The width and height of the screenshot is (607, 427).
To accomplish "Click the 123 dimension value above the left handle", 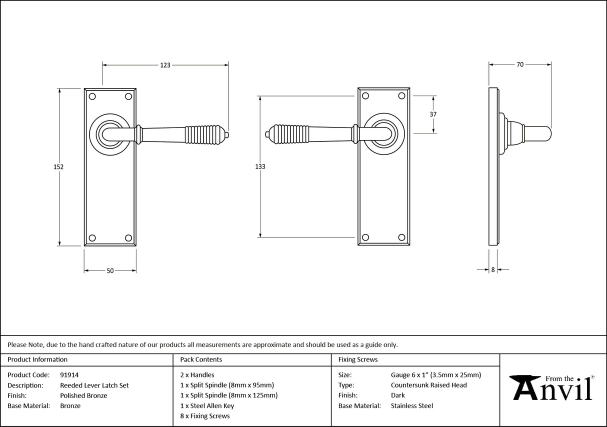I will pos(165,65).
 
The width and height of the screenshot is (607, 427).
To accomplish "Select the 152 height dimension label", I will pos(58,167).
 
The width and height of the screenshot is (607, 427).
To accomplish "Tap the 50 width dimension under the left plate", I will pos(110,271).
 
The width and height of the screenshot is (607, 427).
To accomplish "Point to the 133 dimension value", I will pos(260,166).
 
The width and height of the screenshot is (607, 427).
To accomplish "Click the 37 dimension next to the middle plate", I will pos(433,114).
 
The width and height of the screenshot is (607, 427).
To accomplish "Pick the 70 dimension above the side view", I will pos(520,64).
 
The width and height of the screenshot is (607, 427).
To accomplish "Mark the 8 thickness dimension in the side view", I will pos(493,269).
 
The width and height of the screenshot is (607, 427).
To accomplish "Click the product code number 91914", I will pos(69,374).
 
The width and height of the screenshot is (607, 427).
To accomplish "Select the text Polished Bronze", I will pos(83,395).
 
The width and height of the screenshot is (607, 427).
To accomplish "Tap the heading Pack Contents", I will pos(201,359).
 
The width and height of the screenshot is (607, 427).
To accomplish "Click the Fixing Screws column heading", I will pos(358,359).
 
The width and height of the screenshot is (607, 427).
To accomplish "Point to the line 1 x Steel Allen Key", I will pos(207,406).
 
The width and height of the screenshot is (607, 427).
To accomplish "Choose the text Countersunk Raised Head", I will pos(428,385).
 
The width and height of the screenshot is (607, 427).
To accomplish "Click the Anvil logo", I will pos(552,387).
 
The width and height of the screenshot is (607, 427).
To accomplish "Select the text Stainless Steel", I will pos(411,406).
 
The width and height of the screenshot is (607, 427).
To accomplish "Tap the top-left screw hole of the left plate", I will pos(92,96).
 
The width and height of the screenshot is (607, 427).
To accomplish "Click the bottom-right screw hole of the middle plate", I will pos(401,237).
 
